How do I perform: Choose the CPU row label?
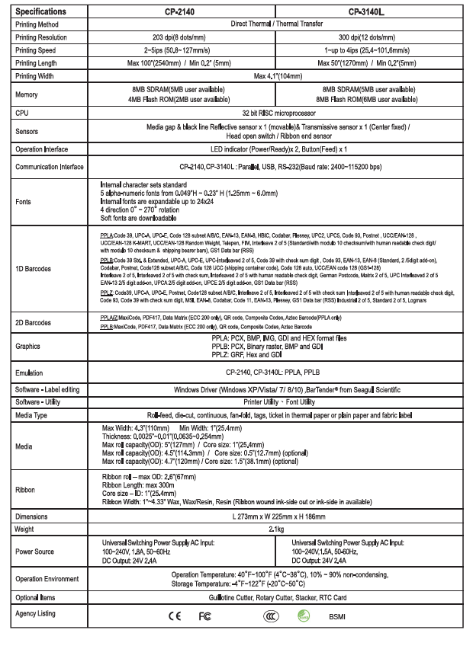24,111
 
